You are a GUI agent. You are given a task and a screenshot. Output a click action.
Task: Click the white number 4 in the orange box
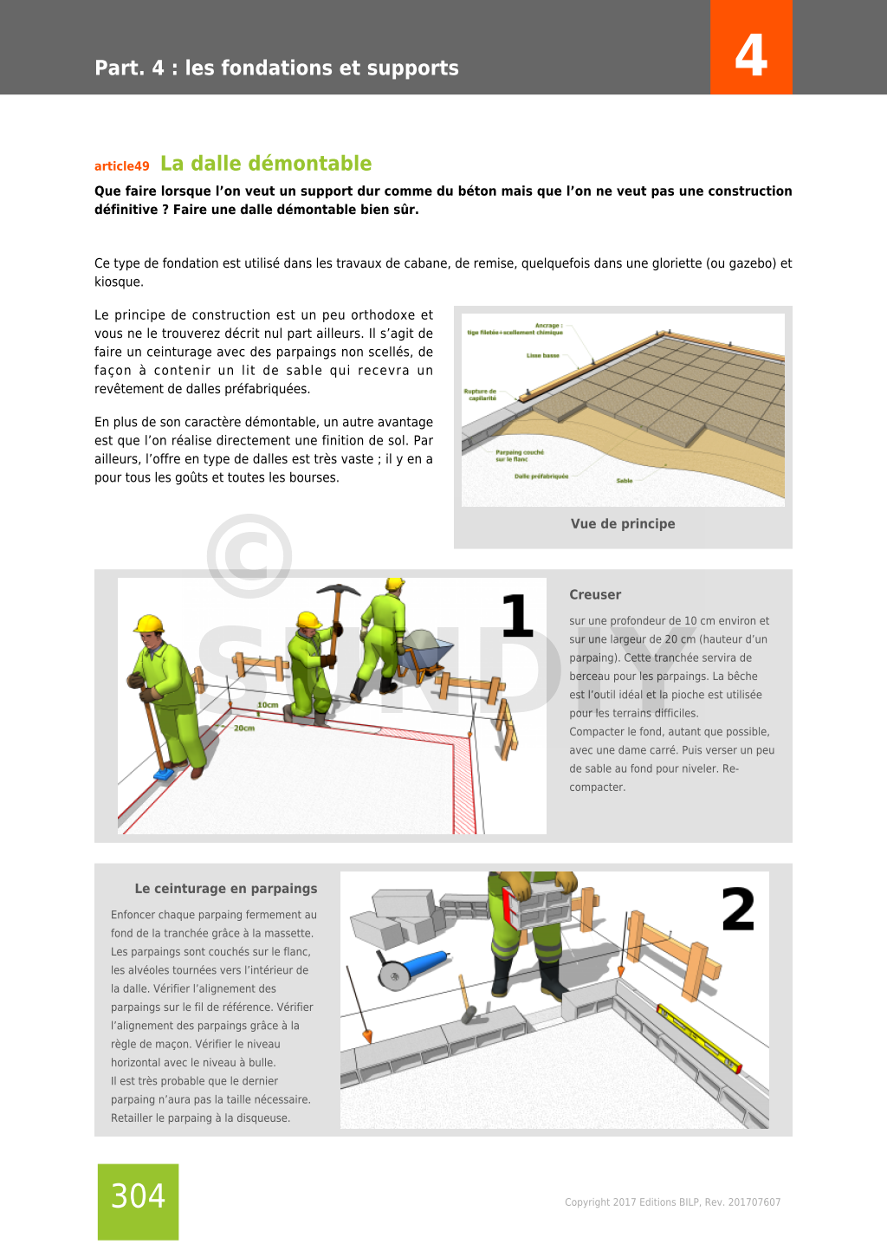coord(751,55)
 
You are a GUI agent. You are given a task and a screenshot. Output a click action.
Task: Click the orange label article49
coord(122,166)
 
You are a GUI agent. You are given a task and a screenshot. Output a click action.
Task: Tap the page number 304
coord(138,1196)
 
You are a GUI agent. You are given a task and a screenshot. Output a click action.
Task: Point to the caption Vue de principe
coord(623,523)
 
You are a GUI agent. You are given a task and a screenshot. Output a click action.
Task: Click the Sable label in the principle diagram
coord(625,481)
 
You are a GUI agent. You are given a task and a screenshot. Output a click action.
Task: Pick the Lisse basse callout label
coord(543,355)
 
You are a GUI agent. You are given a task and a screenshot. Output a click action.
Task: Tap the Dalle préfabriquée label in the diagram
coord(541,476)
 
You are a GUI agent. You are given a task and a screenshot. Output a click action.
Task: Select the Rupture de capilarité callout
coord(481,394)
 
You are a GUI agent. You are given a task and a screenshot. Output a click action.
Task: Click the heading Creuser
coord(595,595)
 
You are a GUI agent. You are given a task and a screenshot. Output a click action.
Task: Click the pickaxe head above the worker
coord(338,591)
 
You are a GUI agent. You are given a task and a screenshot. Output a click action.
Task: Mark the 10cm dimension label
coord(268,705)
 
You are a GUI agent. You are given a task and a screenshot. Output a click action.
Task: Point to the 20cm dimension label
coord(244,729)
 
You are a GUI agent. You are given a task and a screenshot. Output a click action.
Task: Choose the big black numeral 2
coord(738,910)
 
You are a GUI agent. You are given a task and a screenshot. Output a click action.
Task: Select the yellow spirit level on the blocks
coord(698,1037)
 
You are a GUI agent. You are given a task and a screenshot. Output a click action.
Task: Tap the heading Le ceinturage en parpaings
coord(225,889)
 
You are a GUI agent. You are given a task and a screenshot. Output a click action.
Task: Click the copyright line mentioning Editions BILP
coord(672,1202)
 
